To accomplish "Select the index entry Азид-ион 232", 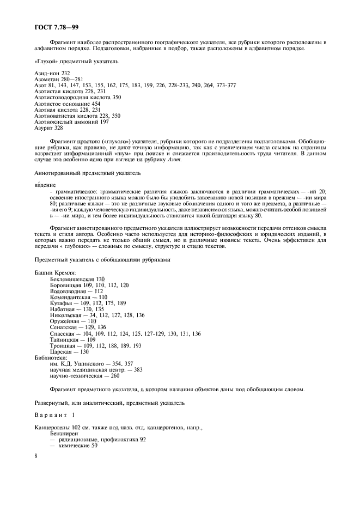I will click(x=52, y=73).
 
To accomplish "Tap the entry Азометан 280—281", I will click(x=58, y=79).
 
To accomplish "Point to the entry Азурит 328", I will click(x=48, y=128).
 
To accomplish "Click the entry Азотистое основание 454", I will click(x=67, y=104).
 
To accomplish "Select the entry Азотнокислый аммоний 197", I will click(x=71, y=122).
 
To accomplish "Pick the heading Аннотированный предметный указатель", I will click(x=87, y=173).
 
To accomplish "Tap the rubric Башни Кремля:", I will click(x=54, y=272).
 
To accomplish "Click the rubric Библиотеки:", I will click(x=51, y=358).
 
